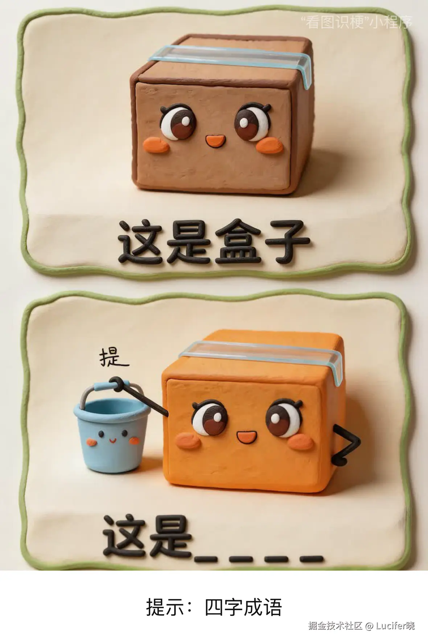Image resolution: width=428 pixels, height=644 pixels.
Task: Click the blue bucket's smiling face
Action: click(112, 437)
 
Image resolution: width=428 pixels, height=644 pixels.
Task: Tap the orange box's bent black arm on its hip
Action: click(346, 444)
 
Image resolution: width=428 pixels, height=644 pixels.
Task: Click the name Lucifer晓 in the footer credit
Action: click(395, 626)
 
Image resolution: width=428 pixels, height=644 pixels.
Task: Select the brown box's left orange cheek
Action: click(156, 145)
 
